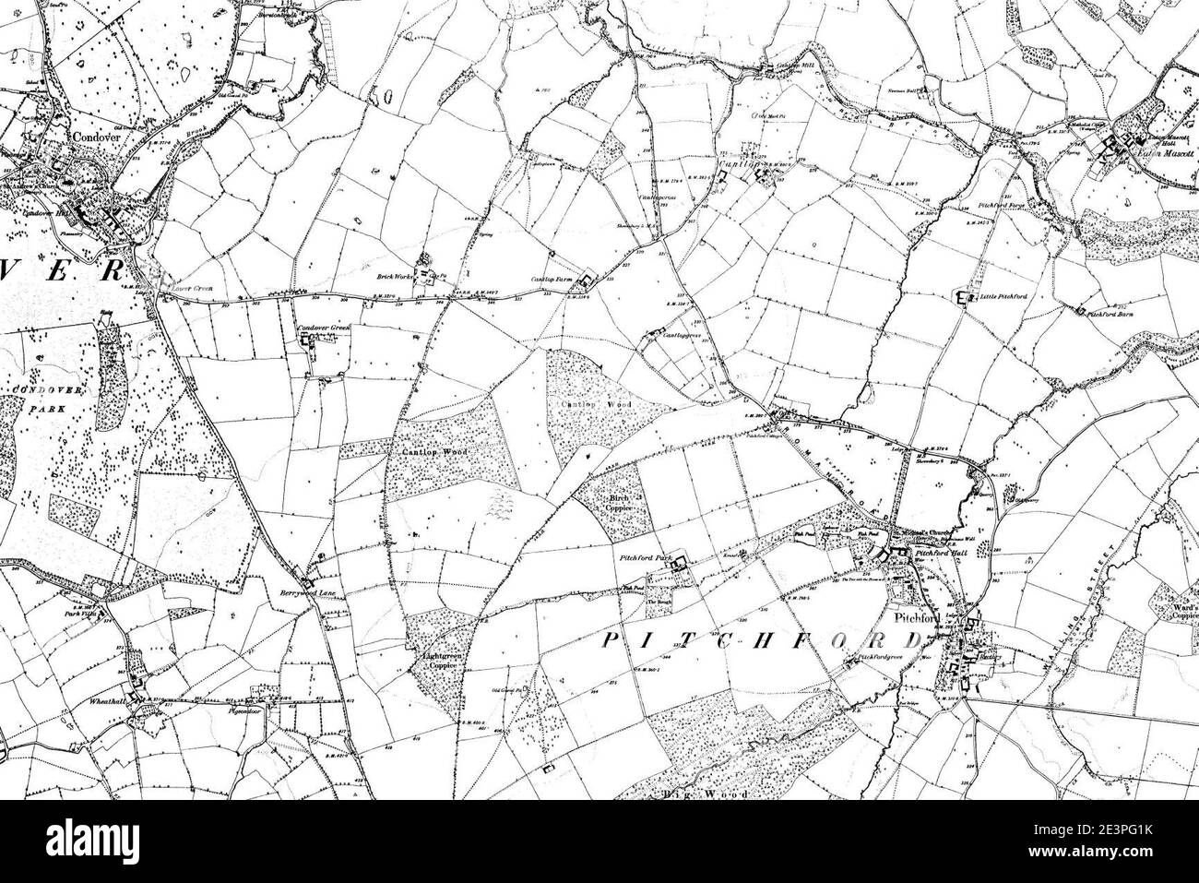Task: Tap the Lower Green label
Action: coord(192,290)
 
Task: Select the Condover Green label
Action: coord(324,328)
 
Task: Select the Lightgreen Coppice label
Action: coord(433,659)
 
